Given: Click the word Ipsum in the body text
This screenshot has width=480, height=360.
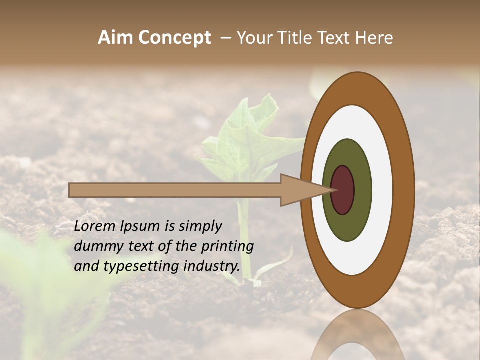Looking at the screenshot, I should pyautogui.click(x=139, y=226).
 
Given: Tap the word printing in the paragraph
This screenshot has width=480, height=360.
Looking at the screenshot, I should pyautogui.click(x=227, y=246).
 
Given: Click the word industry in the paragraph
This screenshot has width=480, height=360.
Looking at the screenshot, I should pyautogui.click(x=212, y=266).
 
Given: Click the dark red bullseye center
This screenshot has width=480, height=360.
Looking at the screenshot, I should pyautogui.click(x=343, y=190).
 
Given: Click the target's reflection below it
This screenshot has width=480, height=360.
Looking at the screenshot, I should pyautogui.click(x=358, y=335).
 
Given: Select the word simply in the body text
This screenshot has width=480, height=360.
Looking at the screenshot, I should pyautogui.click(x=200, y=226).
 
